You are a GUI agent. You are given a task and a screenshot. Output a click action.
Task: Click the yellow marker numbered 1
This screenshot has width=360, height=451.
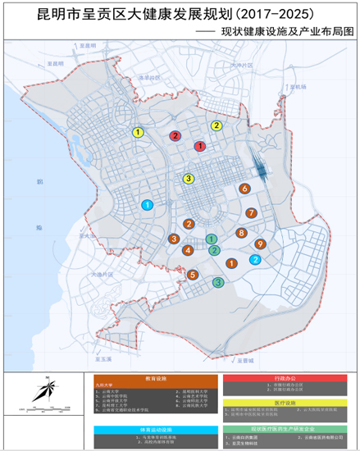139,132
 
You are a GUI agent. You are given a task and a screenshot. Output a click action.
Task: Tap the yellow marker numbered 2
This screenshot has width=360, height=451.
216,125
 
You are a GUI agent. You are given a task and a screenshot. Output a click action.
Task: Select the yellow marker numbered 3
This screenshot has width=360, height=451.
189,179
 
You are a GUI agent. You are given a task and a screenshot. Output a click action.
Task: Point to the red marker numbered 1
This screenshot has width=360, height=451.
199,145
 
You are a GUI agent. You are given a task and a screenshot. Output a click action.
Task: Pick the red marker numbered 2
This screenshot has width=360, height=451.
175,135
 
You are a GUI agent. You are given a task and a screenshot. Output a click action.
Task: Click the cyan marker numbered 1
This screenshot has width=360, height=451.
148,205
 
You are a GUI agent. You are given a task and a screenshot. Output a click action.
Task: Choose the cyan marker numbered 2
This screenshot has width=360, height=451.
255,260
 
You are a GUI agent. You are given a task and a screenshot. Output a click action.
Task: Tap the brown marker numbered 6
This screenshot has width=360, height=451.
244,189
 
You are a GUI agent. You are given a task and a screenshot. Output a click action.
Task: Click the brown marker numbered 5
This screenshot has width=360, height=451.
193,275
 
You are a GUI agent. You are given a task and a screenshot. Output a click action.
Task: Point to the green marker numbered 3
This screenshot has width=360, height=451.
218,283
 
